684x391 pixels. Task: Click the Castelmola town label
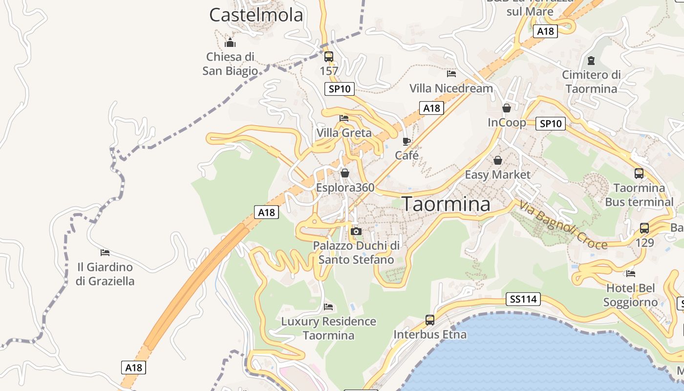pyautogui.click(x=256, y=15)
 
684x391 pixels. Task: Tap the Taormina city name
pyautogui.click(x=446, y=204)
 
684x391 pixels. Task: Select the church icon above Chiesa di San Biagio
pyautogui.click(x=230, y=43)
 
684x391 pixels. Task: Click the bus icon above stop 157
pyautogui.click(x=329, y=56)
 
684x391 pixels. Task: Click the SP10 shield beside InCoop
pyautogui.click(x=550, y=124)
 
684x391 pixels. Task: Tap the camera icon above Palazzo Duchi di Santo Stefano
pyautogui.click(x=356, y=231)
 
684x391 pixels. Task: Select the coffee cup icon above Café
pyautogui.click(x=406, y=142)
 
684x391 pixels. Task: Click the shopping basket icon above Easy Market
pyautogui.click(x=497, y=160)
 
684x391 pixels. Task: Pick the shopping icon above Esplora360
pyautogui.click(x=345, y=173)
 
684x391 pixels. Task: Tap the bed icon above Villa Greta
pyautogui.click(x=344, y=118)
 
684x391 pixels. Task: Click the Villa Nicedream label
pyautogui.click(x=451, y=88)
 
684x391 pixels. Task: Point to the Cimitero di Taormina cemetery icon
pyautogui.click(x=591, y=61)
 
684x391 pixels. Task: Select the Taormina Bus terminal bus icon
pyautogui.click(x=639, y=173)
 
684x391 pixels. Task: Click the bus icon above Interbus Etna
pyautogui.click(x=430, y=320)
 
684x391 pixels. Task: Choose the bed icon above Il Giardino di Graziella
pyautogui.click(x=105, y=253)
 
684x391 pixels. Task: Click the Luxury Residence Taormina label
pyautogui.click(x=328, y=328)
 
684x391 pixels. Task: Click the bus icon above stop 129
pyautogui.click(x=644, y=228)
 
